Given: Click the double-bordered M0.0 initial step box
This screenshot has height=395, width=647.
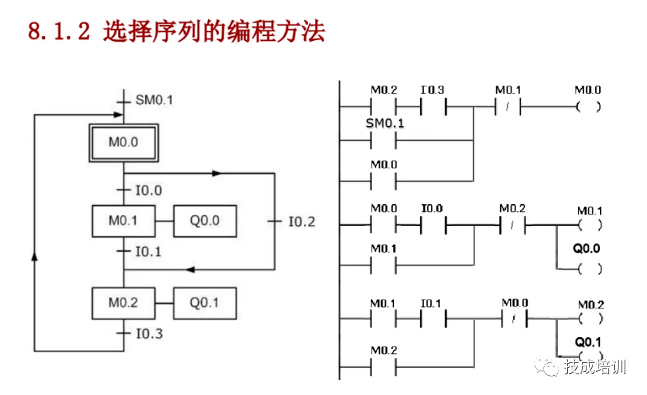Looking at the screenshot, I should click(123, 142).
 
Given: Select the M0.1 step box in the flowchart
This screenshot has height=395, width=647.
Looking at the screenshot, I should click(123, 221).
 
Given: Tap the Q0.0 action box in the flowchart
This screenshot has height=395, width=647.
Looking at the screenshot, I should click(205, 221).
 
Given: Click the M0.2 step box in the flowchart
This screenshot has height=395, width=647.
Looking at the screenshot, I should click(123, 303).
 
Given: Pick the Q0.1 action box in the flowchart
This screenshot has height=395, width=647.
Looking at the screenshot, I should click(205, 303).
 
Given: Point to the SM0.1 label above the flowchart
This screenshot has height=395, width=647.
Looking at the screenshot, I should click(154, 100).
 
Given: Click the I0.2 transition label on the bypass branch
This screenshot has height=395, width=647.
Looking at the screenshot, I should click(302, 221).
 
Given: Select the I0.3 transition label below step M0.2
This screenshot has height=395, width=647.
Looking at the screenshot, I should click(149, 334).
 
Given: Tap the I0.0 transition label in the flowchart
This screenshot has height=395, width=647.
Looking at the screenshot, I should click(149, 190).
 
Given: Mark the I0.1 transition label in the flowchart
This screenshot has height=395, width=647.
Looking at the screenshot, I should click(149, 251).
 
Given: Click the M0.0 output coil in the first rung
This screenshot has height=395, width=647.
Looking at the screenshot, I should click(588, 107).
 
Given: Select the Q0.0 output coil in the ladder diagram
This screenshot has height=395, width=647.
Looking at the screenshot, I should click(588, 268).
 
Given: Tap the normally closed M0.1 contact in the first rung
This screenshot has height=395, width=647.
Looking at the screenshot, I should click(507, 107).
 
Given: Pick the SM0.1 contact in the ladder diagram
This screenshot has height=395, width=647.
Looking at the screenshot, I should click(384, 141).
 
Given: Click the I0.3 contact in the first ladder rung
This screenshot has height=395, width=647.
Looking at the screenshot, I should click(432, 107).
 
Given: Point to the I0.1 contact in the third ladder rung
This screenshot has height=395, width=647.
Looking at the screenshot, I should click(432, 318).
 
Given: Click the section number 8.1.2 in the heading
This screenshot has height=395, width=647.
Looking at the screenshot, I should click(59, 31).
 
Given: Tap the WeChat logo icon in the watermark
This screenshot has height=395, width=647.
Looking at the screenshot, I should click(548, 367).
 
